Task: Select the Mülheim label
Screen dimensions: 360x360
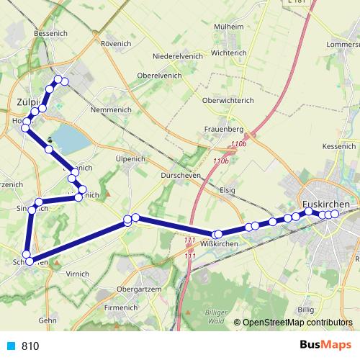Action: point(230,26)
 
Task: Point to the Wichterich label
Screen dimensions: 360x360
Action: point(230,53)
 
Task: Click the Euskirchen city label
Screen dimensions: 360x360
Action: point(327,204)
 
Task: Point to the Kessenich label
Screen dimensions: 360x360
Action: point(340,145)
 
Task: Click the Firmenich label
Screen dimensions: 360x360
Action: point(120,307)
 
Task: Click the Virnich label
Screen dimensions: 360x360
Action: point(77,274)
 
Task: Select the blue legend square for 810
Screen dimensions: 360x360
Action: point(10,346)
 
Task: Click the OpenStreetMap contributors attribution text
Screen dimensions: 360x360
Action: point(297,323)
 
